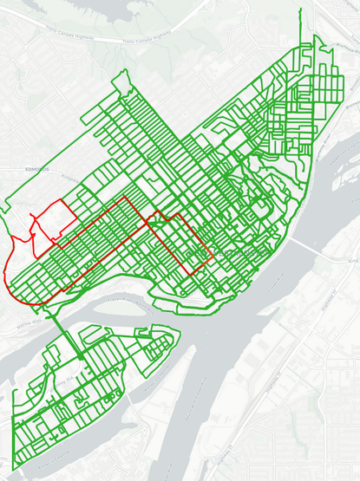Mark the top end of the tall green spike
coord(301,10)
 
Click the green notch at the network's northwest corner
coord(122,78)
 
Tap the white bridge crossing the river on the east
coord(305,251)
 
